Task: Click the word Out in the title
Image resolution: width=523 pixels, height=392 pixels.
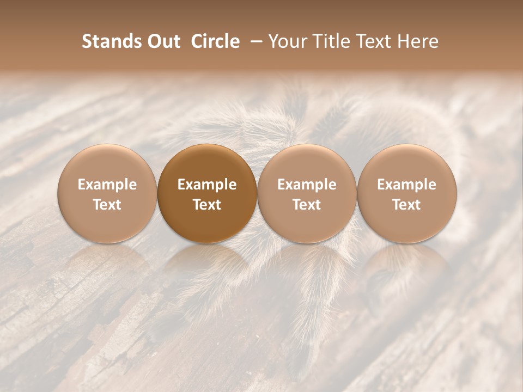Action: (x=164, y=41)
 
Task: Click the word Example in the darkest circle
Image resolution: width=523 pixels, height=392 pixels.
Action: (x=207, y=185)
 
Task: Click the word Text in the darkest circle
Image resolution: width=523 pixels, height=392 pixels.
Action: (x=207, y=205)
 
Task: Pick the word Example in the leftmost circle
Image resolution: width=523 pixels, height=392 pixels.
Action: (x=107, y=185)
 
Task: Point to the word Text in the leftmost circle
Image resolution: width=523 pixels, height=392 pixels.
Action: (x=107, y=205)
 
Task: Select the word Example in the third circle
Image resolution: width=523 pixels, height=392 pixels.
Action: (x=307, y=185)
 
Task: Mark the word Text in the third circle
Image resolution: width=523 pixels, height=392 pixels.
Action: (x=307, y=205)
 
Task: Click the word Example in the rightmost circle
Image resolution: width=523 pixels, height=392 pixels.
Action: (x=407, y=185)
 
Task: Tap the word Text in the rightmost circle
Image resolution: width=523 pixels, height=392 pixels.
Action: (x=407, y=205)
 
